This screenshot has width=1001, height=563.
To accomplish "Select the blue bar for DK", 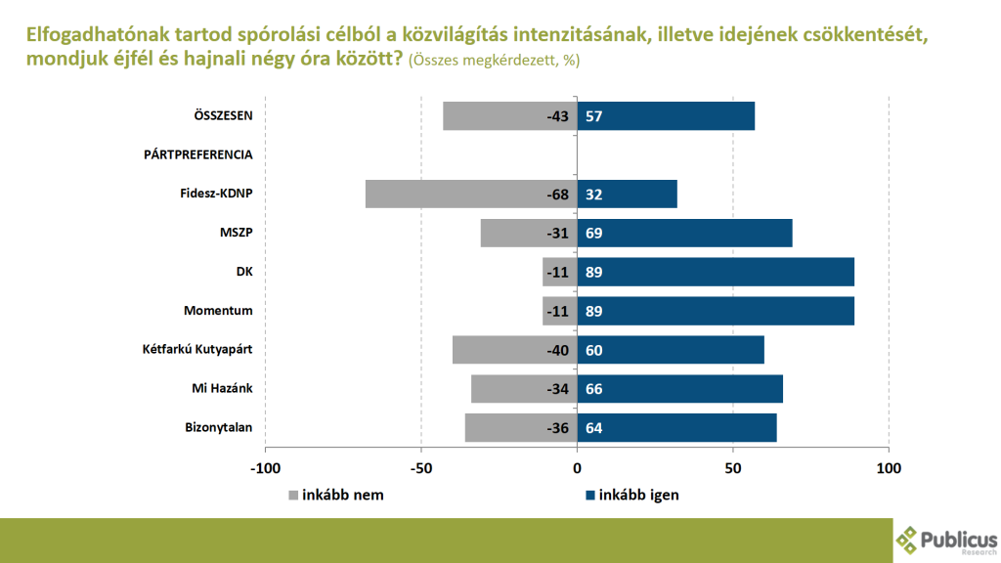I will tap(716, 272).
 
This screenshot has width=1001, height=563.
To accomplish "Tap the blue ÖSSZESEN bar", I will tap(666, 116).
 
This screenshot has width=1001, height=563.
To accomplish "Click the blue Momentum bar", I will tap(716, 311).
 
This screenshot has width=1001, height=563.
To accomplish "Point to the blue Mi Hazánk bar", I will tap(679, 389).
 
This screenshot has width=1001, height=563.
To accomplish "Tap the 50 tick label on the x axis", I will tap(732, 467).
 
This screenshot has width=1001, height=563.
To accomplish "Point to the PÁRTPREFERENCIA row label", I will tap(198, 154).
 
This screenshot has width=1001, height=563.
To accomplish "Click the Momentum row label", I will tap(219, 311).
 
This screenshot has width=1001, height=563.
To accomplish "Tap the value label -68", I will tap(558, 195).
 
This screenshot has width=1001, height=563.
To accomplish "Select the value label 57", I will tap(593, 116).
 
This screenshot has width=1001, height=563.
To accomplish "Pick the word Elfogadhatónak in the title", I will tap(85, 36).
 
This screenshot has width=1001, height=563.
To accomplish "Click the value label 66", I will tap(593, 389).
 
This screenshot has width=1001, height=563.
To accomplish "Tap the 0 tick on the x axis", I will tap(577, 467).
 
